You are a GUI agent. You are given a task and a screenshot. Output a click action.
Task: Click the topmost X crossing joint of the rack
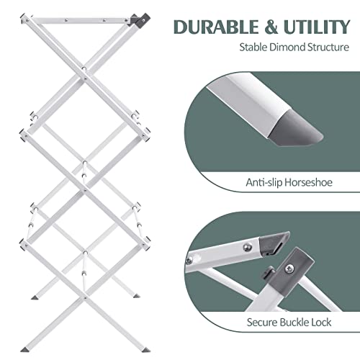coord(84,70)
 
